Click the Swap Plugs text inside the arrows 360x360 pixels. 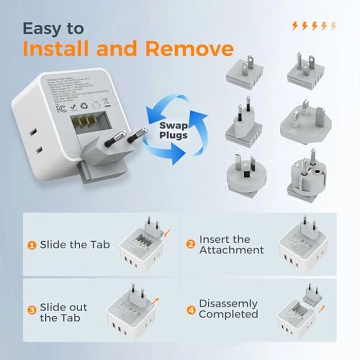[173, 131]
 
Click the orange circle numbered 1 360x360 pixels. [31, 245]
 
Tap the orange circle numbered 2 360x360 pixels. [191, 245]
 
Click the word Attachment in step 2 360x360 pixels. [231, 250]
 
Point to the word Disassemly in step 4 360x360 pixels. [228, 303]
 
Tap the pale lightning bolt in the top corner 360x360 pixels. [333, 26]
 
